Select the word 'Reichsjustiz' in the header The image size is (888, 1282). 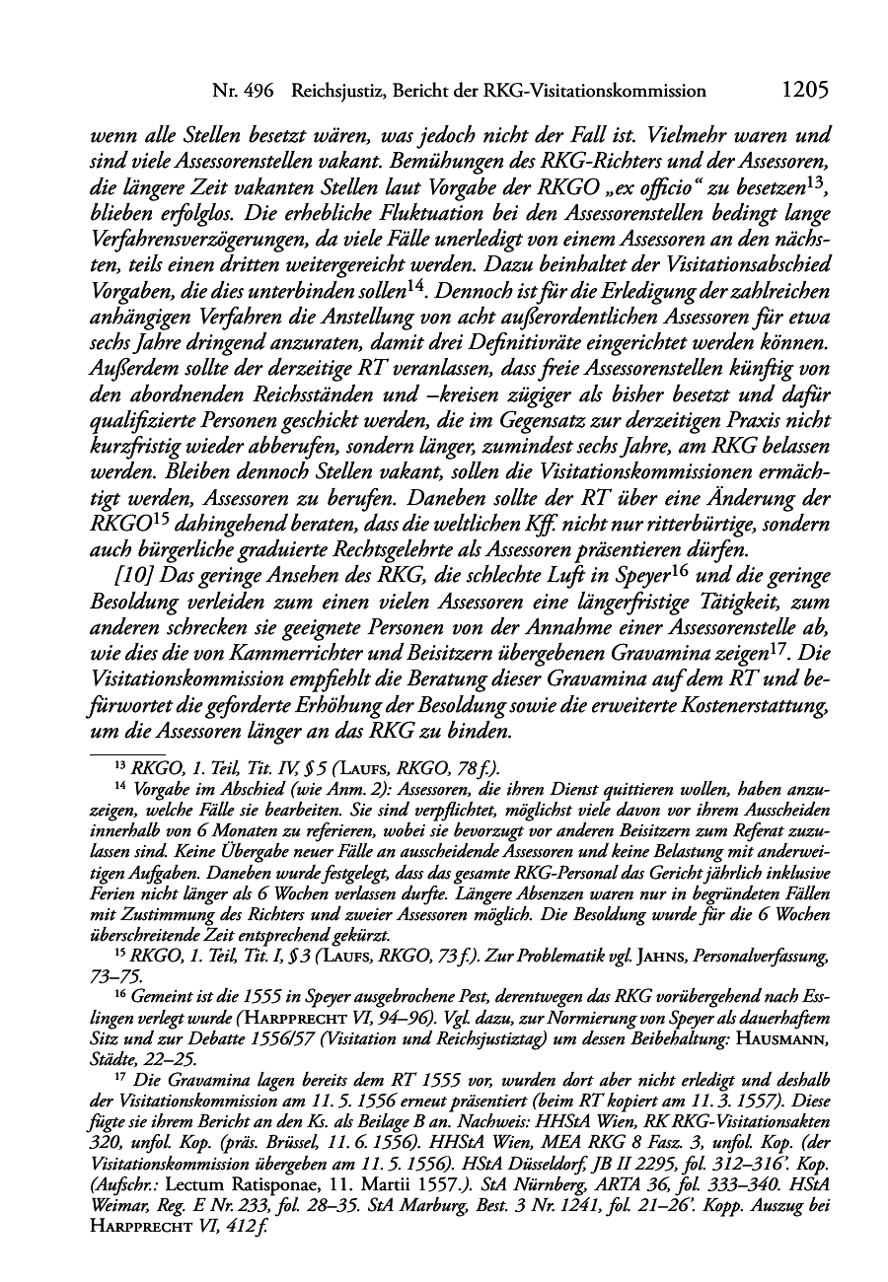click(335, 91)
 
